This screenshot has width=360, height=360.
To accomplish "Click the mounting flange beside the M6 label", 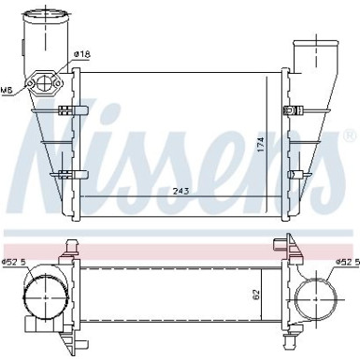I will coord(42,84).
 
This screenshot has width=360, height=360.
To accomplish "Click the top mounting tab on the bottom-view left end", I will coord(68,246).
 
